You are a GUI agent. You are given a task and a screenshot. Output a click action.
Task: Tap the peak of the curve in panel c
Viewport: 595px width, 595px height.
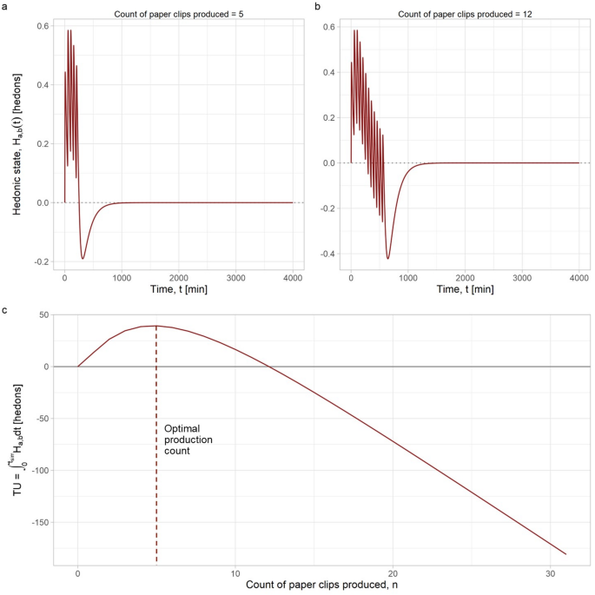[x=156, y=326]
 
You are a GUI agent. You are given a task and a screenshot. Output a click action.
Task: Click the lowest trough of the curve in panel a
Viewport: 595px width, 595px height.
[x=83, y=259]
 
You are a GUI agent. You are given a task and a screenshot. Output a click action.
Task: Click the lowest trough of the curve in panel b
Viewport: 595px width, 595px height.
[x=387, y=259]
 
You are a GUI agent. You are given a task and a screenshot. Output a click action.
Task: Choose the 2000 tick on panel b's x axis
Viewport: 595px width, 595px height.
[x=465, y=283]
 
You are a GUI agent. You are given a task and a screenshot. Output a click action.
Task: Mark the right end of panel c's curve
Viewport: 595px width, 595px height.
[x=565, y=554]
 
